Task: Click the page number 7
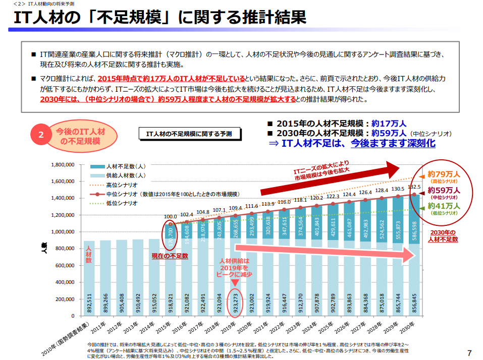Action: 469,352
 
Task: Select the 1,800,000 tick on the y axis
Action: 63,164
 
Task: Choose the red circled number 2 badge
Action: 42,135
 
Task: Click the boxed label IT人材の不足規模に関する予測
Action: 189,134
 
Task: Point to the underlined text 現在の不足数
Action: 170,256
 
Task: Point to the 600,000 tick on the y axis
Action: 65,265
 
